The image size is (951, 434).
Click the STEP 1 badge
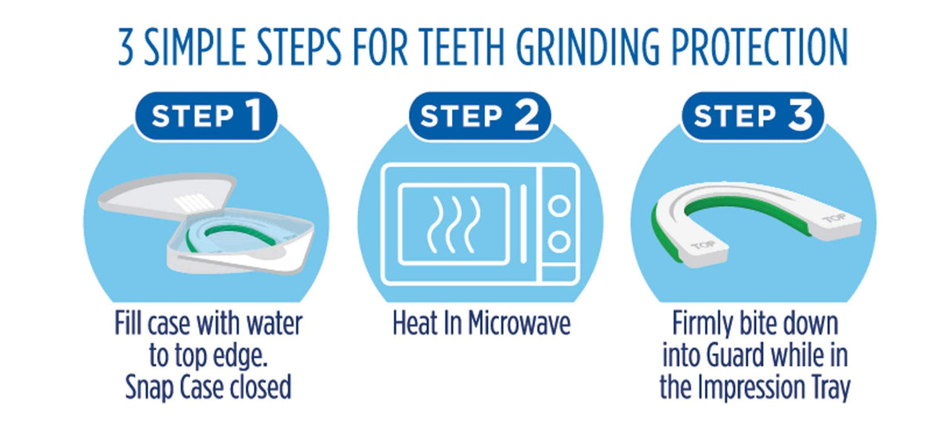(206, 116)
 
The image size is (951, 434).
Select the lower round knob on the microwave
(558, 240)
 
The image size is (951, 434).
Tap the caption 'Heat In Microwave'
(481, 324)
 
